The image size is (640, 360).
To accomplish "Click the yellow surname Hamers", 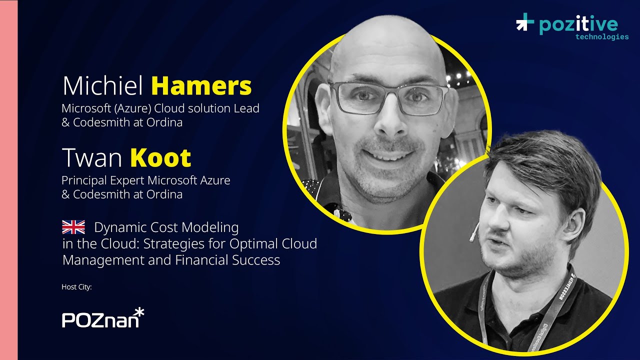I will coord(201,86).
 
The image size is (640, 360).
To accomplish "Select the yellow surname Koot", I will coord(160,158).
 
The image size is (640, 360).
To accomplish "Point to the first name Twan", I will coord(92,158).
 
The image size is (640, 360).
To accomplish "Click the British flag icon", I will coord(73,227).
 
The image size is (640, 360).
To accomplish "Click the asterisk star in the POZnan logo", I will coord(139,312).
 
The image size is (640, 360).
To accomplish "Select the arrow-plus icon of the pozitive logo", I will coord(525,22).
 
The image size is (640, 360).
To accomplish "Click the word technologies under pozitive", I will coord(602,36).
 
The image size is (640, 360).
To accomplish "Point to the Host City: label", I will coord(76,287).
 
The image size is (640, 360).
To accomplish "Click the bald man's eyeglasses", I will coord(388,97).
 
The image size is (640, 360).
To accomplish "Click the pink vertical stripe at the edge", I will coord(8,180).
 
